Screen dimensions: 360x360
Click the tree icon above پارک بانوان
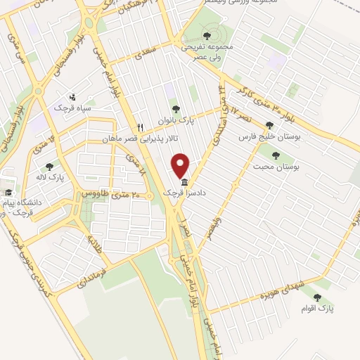click(x=175, y=109)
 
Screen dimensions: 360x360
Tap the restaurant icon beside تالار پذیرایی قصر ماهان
click(x=140, y=127)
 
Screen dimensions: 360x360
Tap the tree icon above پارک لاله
click(x=49, y=167)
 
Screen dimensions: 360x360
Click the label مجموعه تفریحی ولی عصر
click(x=206, y=51)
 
